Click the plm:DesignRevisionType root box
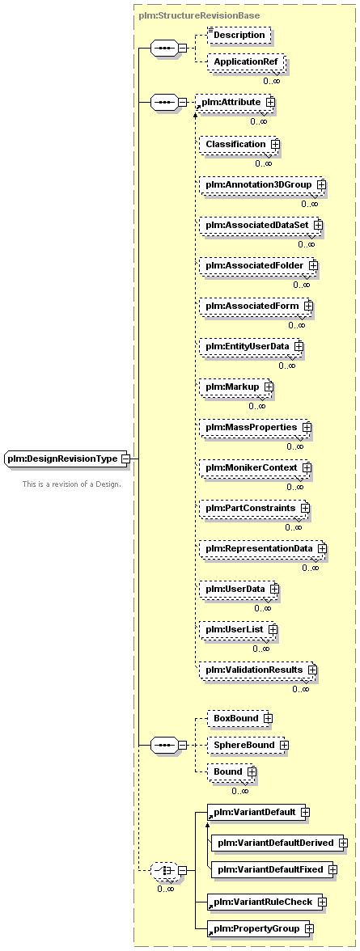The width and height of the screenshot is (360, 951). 66,459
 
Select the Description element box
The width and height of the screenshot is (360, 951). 239,36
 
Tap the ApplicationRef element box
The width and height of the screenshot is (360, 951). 246,62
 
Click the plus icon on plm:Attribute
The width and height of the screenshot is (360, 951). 270,103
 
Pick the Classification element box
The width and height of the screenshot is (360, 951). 239,144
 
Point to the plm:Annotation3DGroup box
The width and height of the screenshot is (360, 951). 262,184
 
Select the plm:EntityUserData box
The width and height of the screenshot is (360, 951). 251,346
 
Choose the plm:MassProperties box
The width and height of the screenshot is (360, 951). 255,428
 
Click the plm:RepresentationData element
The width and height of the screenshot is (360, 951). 262,549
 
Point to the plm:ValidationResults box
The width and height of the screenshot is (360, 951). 257,670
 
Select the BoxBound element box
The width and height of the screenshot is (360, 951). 239,718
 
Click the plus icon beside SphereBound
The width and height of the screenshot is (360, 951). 283,745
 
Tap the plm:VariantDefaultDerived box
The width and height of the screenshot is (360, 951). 279,843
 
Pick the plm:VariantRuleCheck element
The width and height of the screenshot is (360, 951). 266,902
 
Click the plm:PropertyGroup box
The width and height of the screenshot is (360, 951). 260,928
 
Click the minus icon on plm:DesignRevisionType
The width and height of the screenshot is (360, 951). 125,459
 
